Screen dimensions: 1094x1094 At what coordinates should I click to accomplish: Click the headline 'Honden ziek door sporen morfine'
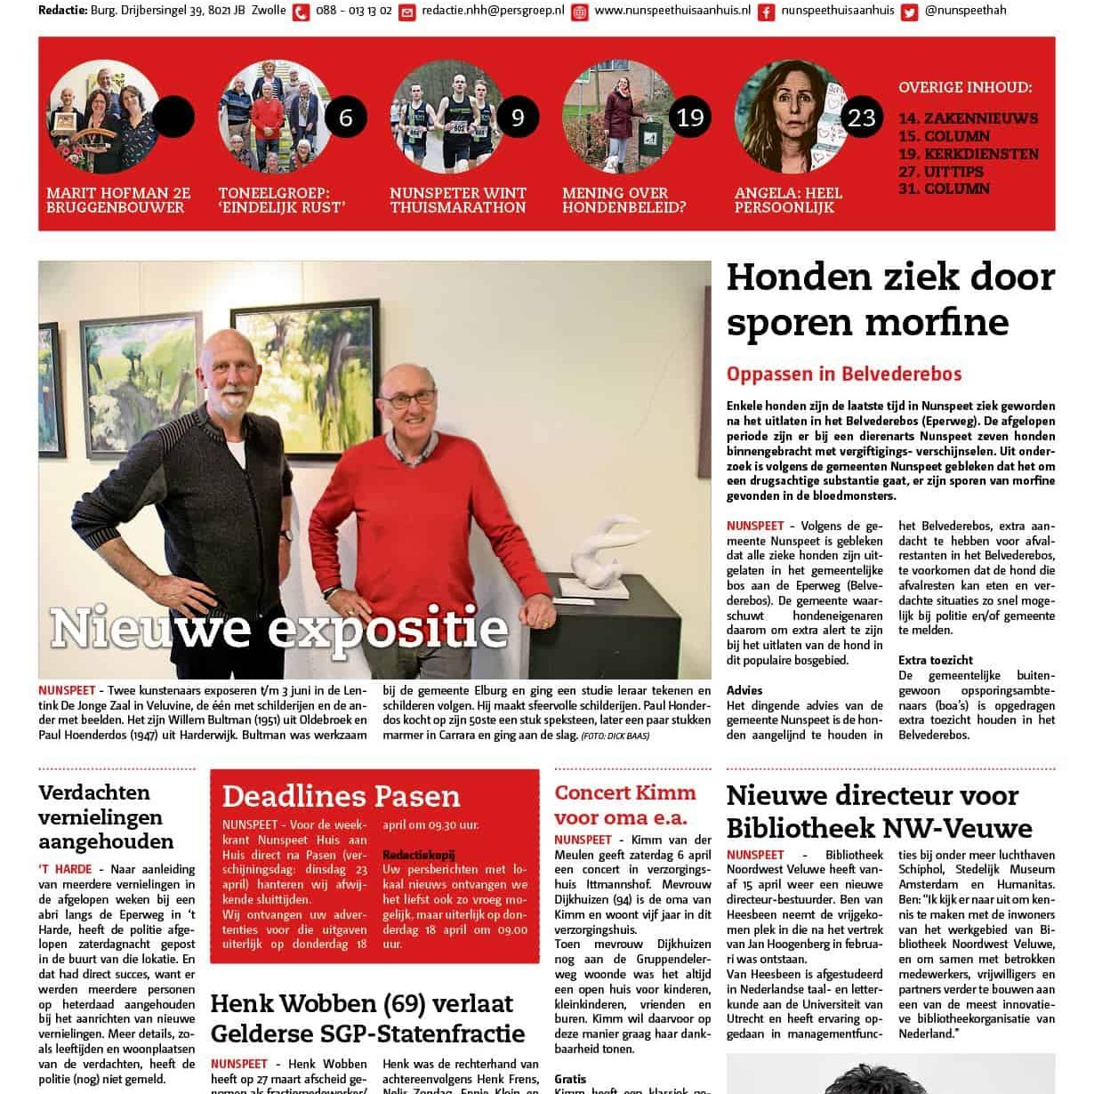tap(889, 301)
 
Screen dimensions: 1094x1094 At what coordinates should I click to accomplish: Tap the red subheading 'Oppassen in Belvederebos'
tap(843, 374)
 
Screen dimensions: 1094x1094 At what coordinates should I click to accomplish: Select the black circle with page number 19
tap(690, 117)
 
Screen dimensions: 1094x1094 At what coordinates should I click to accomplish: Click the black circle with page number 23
tap(862, 117)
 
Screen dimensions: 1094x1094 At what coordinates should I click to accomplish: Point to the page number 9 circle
tap(518, 117)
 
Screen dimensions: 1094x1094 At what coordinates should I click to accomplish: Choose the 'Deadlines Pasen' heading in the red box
tap(341, 796)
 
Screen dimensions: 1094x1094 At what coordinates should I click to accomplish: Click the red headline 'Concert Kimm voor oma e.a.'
tap(625, 805)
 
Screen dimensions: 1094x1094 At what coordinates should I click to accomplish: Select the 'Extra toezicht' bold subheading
tap(935, 660)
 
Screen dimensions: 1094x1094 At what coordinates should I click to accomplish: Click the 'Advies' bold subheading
tap(744, 690)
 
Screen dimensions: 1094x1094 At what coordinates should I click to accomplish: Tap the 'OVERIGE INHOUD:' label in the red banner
tap(965, 88)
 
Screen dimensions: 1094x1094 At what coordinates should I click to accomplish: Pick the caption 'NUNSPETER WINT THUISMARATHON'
tap(457, 200)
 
